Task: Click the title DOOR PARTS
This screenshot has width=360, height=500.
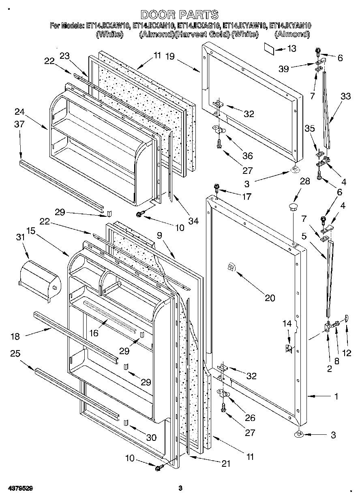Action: tap(179, 15)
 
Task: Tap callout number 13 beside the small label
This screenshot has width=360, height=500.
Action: tap(291, 49)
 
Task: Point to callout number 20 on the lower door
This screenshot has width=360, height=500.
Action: tap(270, 298)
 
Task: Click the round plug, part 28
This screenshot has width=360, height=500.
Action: tap(293, 208)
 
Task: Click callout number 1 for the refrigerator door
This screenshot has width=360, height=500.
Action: tap(336, 397)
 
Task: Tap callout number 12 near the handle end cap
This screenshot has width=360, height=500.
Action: tap(347, 353)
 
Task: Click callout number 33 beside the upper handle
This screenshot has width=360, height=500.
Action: tap(346, 96)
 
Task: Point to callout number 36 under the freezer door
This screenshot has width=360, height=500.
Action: tap(247, 156)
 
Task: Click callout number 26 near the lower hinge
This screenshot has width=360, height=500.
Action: tap(250, 418)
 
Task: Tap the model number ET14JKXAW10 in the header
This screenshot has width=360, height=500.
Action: tap(108, 25)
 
